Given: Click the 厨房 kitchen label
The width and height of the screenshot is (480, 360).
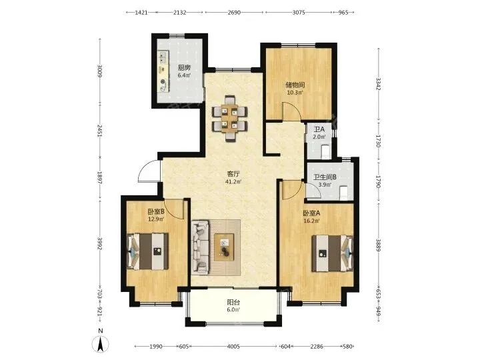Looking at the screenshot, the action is (x=184, y=67).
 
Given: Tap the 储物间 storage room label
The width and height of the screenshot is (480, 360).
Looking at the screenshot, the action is (x=295, y=85).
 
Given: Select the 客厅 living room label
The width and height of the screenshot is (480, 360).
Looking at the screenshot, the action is (x=233, y=174).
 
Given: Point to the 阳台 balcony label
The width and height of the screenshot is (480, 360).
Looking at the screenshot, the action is (x=233, y=302).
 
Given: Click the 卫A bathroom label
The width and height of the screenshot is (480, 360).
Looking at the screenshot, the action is (x=319, y=129).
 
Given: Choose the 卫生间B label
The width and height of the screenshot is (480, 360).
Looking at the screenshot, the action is (x=325, y=177).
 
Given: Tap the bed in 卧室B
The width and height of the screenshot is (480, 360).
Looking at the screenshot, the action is (x=148, y=251).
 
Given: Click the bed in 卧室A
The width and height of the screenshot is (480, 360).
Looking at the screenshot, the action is (x=332, y=253).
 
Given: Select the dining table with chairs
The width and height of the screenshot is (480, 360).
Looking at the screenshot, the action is (x=230, y=118).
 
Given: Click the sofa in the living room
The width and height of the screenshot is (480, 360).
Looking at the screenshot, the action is (x=201, y=247).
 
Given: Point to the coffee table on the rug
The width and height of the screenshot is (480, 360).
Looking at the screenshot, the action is (x=224, y=247).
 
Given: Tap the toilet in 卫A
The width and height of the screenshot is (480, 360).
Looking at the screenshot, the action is (x=326, y=153).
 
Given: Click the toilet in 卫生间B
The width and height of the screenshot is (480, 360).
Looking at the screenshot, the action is (x=344, y=193).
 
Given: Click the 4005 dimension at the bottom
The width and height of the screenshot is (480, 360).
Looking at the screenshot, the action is (x=233, y=347).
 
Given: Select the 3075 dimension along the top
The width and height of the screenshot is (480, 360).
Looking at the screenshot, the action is (x=299, y=13).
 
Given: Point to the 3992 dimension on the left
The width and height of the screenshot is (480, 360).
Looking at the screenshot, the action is (x=99, y=243).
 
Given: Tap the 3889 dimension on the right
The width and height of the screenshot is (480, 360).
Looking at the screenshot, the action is (x=379, y=245).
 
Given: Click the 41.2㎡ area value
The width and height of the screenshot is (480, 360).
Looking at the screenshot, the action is (x=233, y=182).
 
